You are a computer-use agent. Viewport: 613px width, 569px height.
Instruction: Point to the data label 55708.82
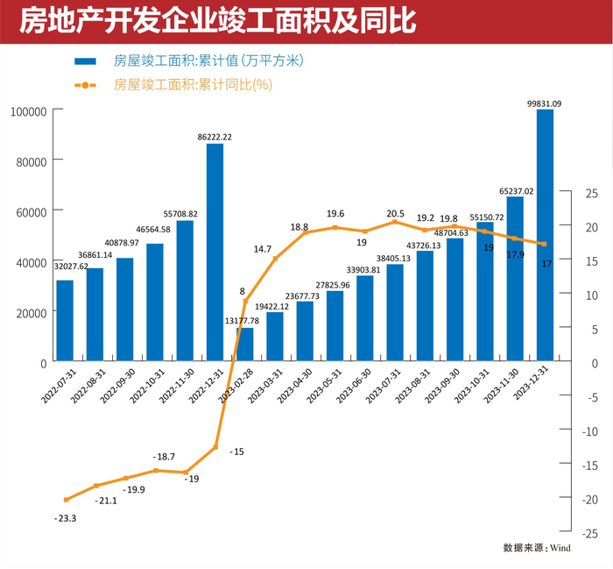[x=186, y=213]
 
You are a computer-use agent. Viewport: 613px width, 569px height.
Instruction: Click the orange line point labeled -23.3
[x=67, y=500]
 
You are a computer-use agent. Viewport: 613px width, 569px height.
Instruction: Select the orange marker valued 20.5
[x=395, y=222]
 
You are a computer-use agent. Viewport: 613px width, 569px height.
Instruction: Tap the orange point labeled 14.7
[x=275, y=259]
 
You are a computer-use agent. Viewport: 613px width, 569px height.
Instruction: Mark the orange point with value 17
[x=545, y=244]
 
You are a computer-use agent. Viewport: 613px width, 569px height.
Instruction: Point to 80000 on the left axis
[x=29, y=160]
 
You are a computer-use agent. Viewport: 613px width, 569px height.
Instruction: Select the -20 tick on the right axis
[x=589, y=498]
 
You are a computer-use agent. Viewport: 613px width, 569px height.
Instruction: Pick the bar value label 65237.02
[x=516, y=190]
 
